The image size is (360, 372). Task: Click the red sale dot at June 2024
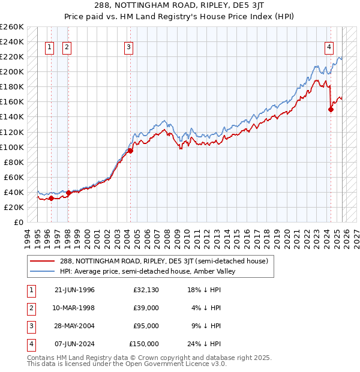331,109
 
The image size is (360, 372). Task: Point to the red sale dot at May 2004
130,151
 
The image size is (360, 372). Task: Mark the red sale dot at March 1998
68,193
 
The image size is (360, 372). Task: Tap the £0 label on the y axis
18,222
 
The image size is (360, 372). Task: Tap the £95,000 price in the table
144,326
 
